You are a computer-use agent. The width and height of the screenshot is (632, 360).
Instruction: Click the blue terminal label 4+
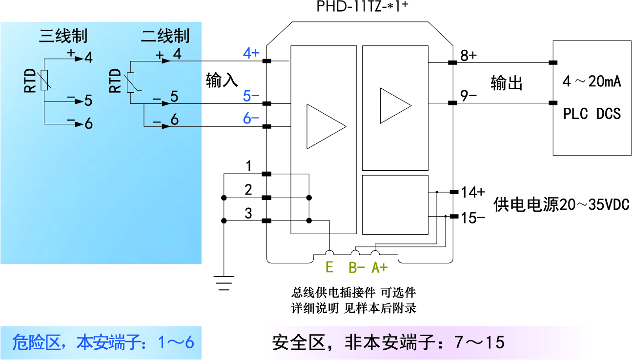(251, 53)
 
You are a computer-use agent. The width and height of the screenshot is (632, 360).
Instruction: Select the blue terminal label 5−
(251, 96)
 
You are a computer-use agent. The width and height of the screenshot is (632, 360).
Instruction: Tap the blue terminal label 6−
(251, 119)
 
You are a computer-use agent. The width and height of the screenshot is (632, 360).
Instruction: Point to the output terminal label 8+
(469, 55)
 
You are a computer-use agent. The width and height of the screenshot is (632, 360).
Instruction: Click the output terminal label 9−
(469, 96)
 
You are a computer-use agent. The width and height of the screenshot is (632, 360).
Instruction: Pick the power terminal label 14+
(473, 192)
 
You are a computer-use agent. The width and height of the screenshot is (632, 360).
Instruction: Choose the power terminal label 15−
(473, 218)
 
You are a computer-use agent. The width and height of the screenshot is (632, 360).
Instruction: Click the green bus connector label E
(329, 267)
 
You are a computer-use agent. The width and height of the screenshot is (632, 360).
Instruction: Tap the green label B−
(357, 267)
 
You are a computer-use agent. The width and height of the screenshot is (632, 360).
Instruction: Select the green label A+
(380, 267)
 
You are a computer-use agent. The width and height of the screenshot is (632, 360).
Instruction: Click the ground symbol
(224, 282)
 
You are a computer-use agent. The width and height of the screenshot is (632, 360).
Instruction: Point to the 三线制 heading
(63, 36)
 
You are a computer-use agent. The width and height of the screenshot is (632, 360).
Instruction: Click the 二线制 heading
(165, 36)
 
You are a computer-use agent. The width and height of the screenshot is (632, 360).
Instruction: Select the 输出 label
(507, 83)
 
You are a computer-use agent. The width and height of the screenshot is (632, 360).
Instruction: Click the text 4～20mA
(591, 81)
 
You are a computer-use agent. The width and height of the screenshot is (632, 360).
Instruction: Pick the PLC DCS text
(591, 114)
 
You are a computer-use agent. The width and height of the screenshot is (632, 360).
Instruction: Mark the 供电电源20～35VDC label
(561, 204)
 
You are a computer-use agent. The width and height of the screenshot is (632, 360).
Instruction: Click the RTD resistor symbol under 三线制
(44, 80)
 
